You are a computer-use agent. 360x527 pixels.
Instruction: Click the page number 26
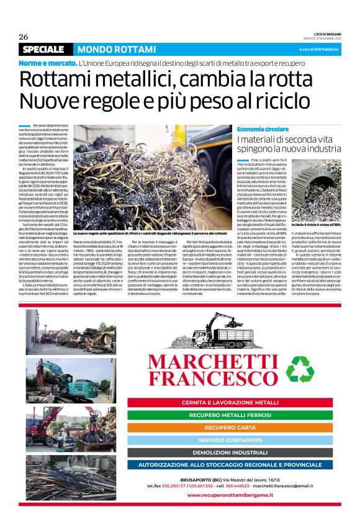pyautogui.click(x=24, y=37)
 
